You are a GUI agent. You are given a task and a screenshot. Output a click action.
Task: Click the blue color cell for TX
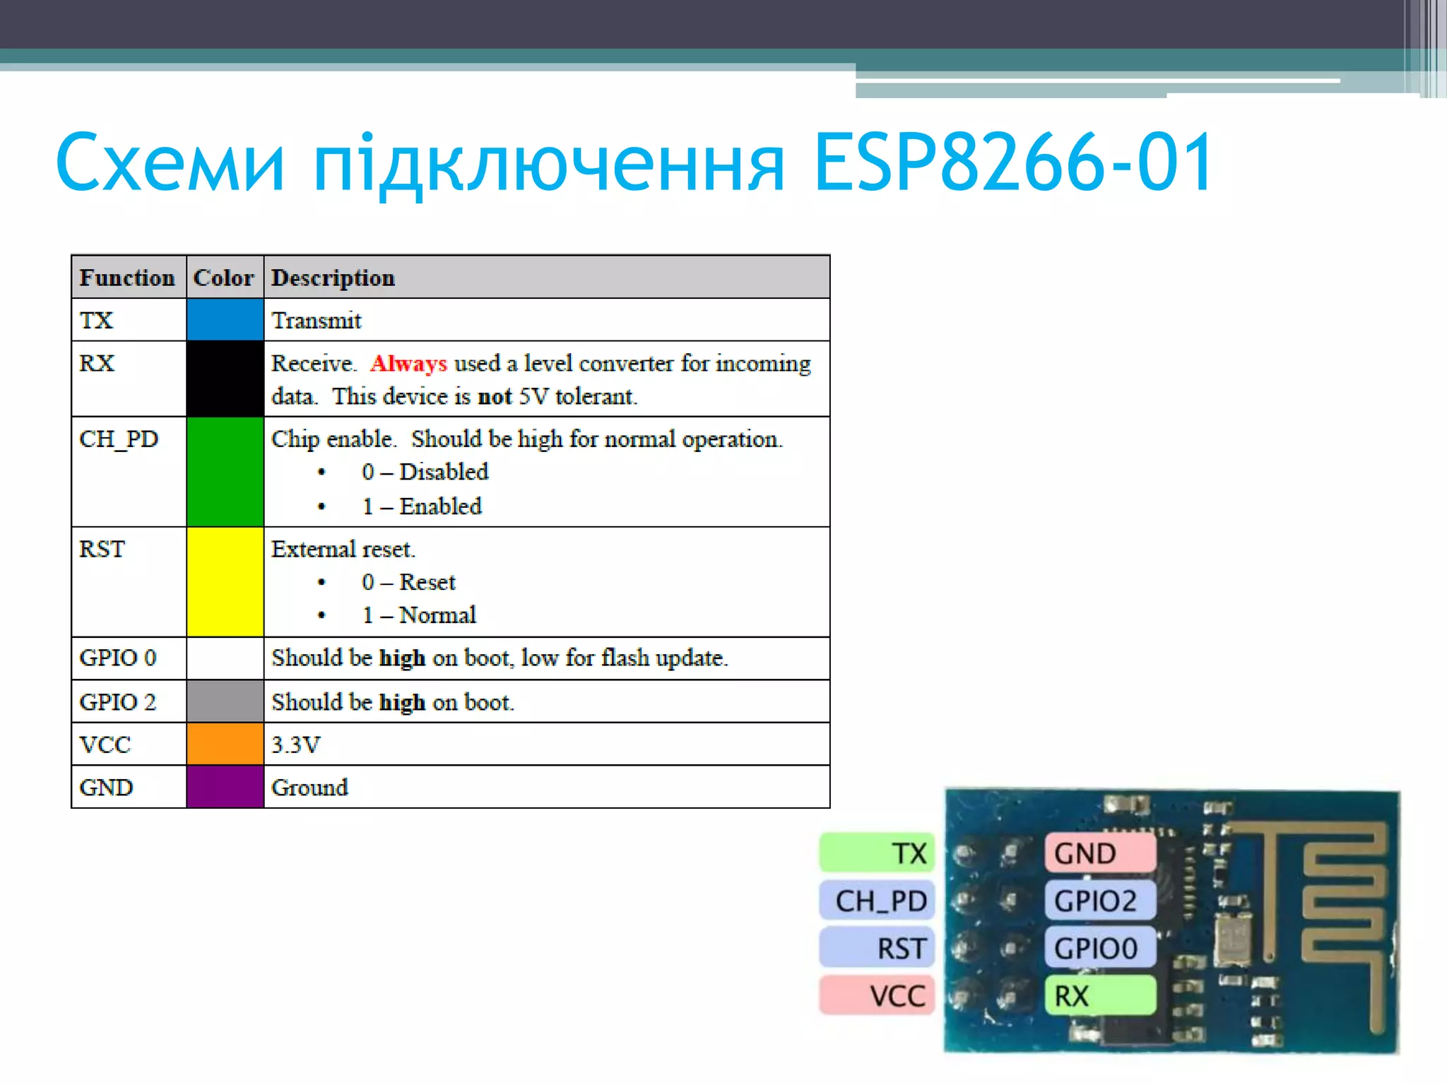point(225,319)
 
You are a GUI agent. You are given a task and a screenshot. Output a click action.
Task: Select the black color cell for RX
point(225,379)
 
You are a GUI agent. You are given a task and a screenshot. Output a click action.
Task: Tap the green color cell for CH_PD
point(225,471)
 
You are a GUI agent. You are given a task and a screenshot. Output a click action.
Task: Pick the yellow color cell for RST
point(225,581)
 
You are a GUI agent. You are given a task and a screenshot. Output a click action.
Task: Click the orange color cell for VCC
point(225,744)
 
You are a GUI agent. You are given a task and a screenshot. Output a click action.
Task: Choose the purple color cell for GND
point(225,787)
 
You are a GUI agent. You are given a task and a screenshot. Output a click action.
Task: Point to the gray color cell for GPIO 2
point(225,701)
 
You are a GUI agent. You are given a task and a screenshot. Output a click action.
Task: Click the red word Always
point(408,363)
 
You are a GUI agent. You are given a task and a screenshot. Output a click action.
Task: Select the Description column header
point(333,278)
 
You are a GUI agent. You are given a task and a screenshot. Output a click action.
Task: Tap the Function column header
point(127,278)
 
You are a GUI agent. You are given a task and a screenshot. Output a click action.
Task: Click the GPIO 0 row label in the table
point(117,658)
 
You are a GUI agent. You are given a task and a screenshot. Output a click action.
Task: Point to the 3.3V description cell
point(296,745)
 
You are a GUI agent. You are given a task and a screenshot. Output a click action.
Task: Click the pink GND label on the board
point(1099,853)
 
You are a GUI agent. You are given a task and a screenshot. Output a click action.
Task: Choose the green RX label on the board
point(1099,995)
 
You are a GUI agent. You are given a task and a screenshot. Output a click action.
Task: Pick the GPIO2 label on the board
point(1099,901)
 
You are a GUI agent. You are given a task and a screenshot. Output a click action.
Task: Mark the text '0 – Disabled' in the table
point(425,471)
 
